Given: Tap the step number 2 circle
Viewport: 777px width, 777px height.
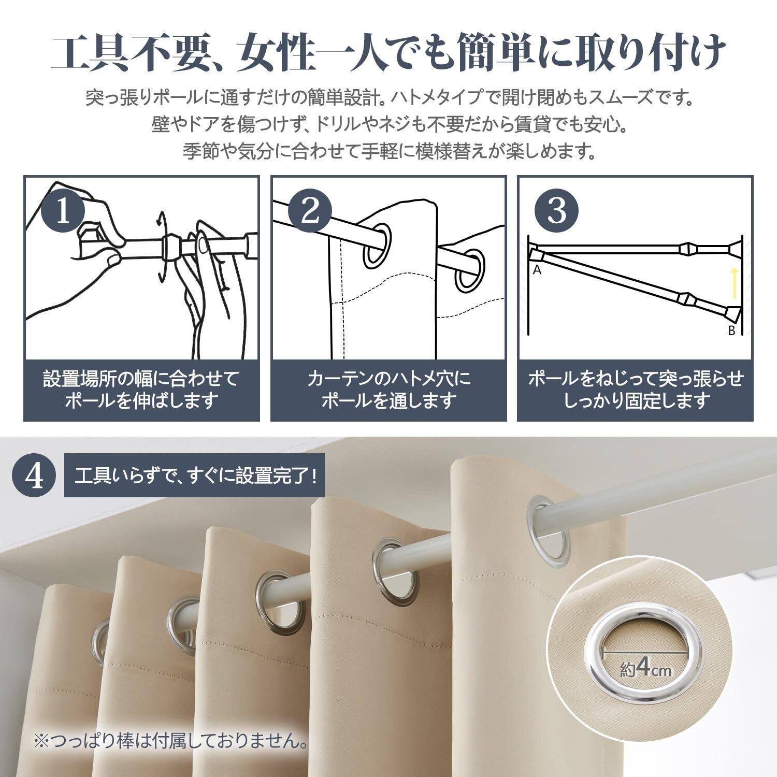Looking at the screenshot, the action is [x=310, y=211].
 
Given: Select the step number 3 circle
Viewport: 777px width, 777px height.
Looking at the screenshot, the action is [x=557, y=211].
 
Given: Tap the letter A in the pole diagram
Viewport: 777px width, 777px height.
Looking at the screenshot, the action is [x=537, y=269].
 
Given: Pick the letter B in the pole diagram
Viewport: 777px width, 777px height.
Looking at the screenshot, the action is [x=731, y=330].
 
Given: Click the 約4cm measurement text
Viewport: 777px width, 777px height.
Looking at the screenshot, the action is [x=645, y=669].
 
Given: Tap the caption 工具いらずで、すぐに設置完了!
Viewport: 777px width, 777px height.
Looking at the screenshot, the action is [x=195, y=476].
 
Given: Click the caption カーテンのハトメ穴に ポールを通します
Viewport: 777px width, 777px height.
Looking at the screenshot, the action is [x=388, y=390].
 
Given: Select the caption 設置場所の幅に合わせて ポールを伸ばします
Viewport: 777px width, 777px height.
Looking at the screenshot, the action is [x=141, y=390].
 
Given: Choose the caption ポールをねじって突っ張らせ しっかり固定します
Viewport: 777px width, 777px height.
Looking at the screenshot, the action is [x=636, y=390].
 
